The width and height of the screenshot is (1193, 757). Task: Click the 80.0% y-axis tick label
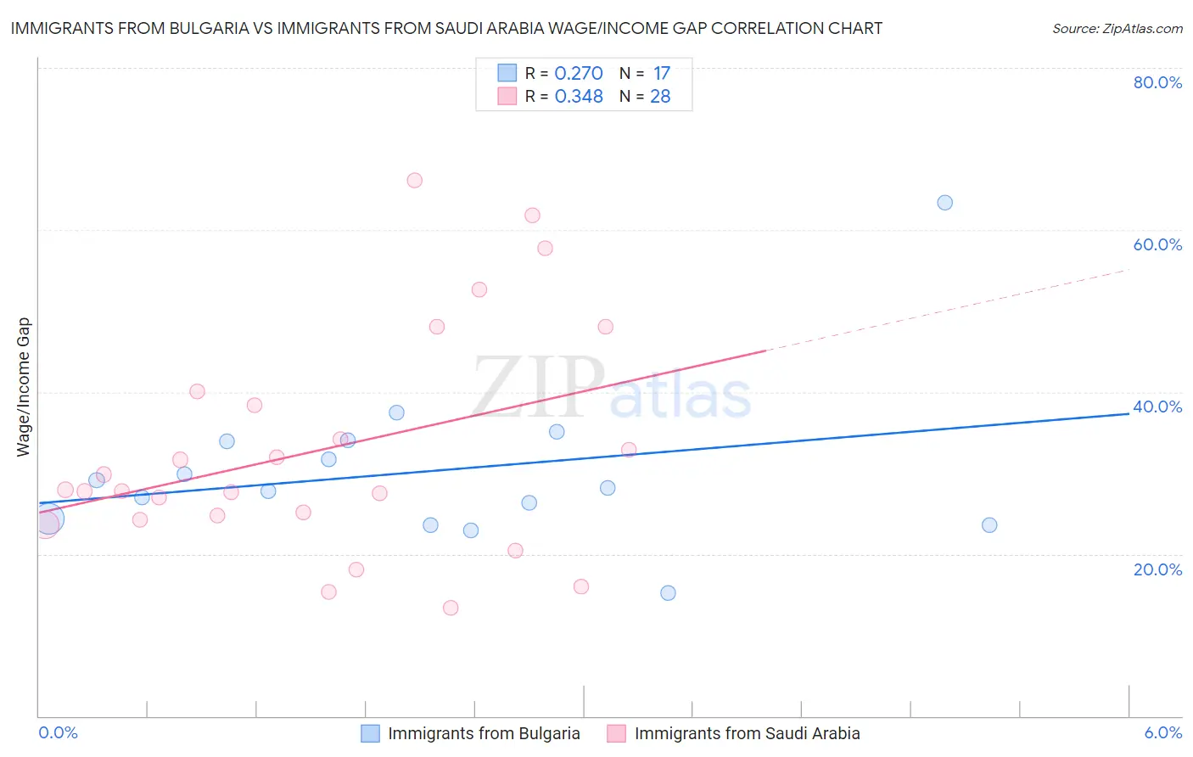pos(1157,82)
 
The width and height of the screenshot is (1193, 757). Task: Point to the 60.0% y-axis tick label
pos(1157,244)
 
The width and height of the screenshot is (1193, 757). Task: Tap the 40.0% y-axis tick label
pos(1157,407)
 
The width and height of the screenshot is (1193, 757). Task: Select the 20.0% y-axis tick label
pos(1157,569)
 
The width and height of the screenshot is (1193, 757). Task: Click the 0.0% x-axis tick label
pos(58,733)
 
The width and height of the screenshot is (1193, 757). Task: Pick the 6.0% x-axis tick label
pos(1162,733)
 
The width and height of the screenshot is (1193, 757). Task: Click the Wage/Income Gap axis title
pos(23,387)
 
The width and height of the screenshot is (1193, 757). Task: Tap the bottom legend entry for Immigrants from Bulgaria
pos(484,734)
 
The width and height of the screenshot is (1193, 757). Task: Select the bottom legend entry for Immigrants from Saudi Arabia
pos(747,734)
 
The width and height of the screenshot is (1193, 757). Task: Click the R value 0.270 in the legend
pos(578,74)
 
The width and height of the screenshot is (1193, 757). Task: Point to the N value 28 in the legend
pos(660,97)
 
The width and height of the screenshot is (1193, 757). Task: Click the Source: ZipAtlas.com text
pos(1117,29)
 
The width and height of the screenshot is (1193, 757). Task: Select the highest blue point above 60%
pos(944,203)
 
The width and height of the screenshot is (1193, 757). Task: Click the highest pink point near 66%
pos(414,180)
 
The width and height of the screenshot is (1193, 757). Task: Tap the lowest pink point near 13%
pos(451,608)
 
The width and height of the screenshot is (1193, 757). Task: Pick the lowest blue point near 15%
pos(668,593)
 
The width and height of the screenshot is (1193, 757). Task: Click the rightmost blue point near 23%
pos(989,525)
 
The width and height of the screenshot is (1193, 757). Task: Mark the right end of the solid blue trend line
pos(1129,413)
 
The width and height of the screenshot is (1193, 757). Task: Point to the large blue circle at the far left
pos(48,519)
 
